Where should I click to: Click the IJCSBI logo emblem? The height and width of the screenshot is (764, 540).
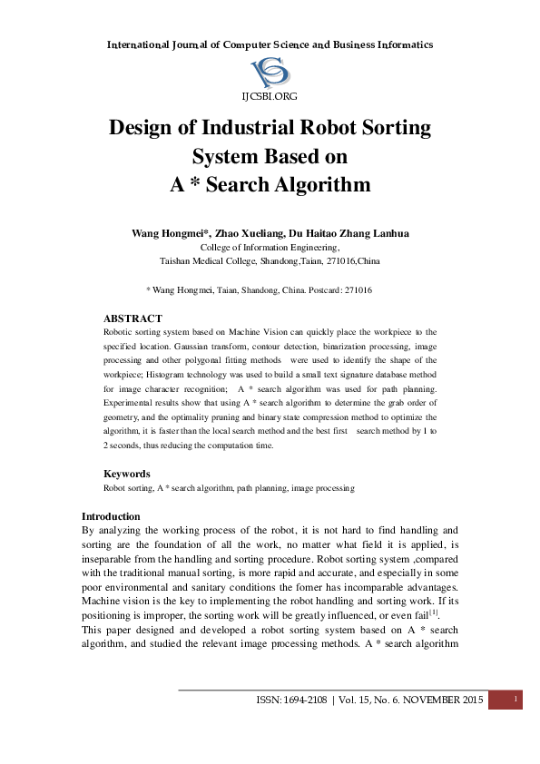(270, 72)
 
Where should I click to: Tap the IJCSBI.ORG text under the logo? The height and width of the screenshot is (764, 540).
(270, 95)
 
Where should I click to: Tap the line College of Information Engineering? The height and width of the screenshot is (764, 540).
(270, 247)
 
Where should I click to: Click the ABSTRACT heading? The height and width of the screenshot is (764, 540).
(133, 318)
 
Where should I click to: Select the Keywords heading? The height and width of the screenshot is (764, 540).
(127, 474)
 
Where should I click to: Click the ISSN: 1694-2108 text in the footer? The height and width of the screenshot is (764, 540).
(294, 700)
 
